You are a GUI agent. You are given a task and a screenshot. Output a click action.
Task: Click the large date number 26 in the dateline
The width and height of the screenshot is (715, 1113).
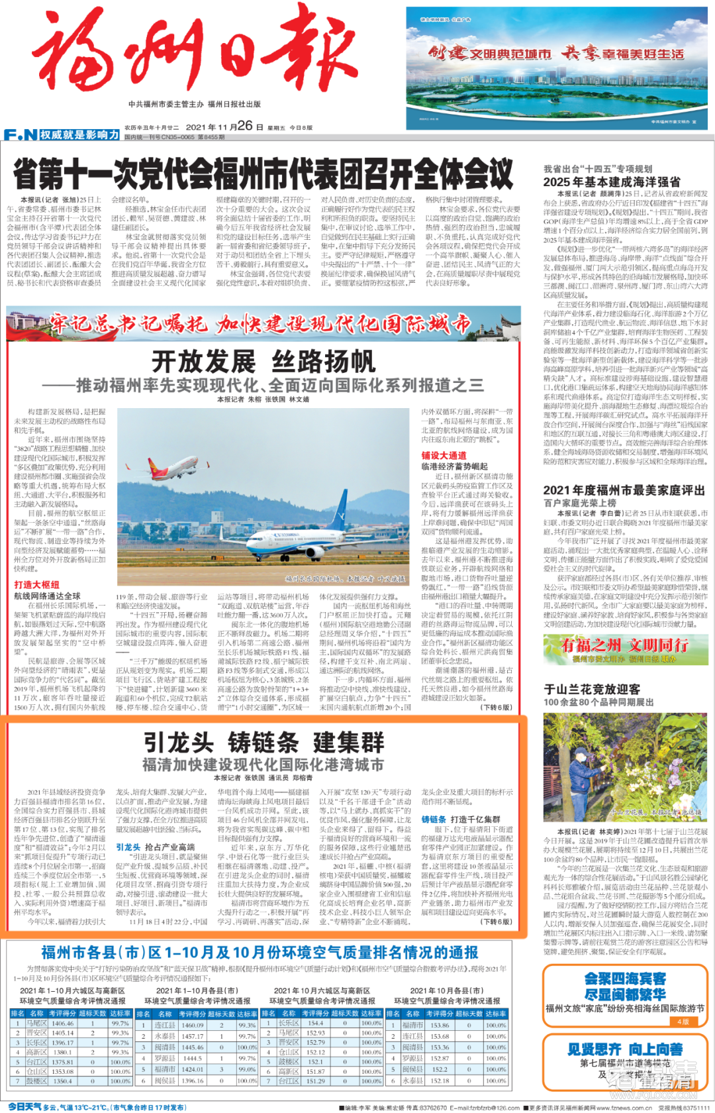(x=244, y=126)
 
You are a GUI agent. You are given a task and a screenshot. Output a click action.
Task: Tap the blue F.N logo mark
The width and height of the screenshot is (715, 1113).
(x=20, y=135)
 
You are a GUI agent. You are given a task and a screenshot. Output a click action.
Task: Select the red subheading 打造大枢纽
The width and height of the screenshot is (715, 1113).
(x=37, y=585)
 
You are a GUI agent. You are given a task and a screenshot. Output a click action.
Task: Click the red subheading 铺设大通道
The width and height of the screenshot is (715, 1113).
(x=444, y=456)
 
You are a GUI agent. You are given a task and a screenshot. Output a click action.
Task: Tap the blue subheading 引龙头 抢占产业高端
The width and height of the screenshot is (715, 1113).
(x=155, y=847)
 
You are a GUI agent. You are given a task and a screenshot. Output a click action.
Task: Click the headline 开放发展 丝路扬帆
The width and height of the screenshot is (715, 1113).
(x=263, y=362)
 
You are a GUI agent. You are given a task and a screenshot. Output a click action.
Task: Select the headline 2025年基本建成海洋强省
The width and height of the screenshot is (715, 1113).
(x=611, y=182)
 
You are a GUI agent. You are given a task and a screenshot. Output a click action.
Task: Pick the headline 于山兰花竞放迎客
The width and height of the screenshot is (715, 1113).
(x=592, y=690)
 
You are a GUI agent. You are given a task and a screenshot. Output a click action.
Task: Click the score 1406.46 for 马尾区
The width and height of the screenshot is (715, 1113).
(x=63, y=1024)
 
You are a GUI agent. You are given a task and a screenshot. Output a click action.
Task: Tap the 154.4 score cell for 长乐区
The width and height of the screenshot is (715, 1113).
(x=316, y=1024)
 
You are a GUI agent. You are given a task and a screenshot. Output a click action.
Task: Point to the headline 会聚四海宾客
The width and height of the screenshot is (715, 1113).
(x=625, y=979)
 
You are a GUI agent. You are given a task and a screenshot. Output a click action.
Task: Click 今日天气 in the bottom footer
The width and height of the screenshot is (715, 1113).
(x=24, y=1107)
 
